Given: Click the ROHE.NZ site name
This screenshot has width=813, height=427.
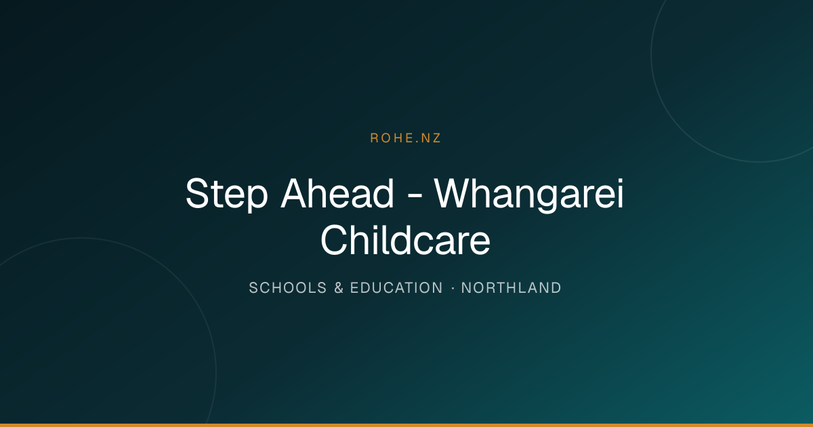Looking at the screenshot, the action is coord(405,138).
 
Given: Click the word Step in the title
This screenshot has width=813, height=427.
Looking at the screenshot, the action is coord(227,195).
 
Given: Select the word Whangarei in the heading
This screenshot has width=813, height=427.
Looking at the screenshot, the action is coord(529,195).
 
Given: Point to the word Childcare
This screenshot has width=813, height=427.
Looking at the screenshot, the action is coord(405,240).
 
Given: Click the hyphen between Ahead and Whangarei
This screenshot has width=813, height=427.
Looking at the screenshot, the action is coord(415,197).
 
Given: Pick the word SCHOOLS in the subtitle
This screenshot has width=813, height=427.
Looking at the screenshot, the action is coord(288,288).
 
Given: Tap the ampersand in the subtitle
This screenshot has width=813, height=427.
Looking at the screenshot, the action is coord(339,288).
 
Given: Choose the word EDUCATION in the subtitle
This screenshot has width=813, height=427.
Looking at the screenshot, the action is coord(396,288).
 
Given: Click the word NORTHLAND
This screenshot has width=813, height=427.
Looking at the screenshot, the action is coord(511,288).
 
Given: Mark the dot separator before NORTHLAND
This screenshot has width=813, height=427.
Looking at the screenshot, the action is coord(453,288).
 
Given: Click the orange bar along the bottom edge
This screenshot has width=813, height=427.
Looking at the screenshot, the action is coord(406,425).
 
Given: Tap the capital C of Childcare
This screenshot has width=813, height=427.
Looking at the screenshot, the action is coord(335,240).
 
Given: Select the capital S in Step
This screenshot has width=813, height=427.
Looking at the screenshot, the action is coord(199,192).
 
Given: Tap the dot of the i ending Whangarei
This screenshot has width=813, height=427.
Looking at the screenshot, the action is coord(620,180).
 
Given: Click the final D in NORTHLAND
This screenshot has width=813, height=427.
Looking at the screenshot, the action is coord(556,288).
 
